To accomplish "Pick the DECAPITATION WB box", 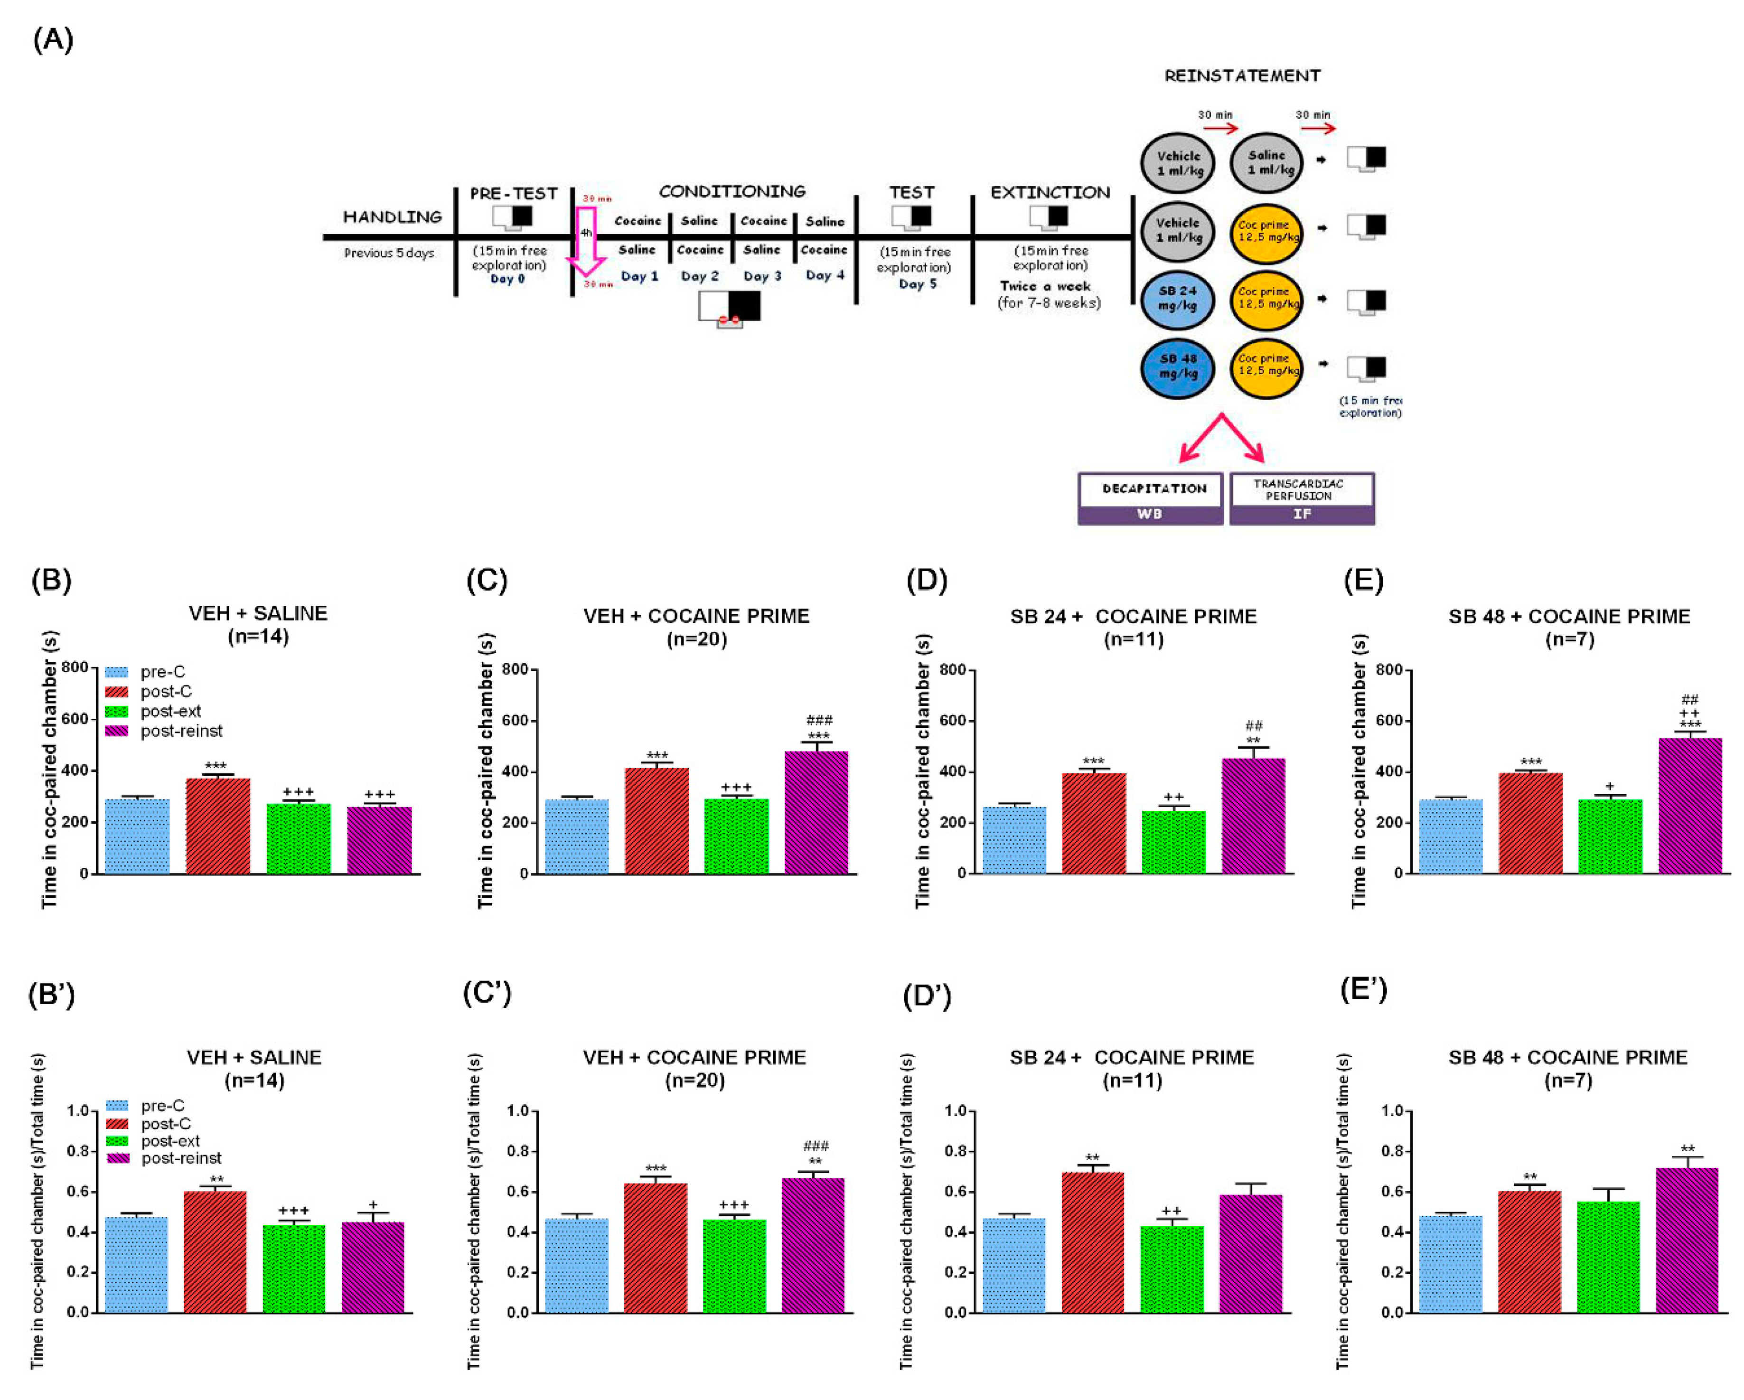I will click(x=1150, y=498).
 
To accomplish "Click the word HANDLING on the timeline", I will click(x=392, y=217).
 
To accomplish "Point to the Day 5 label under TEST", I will click(x=917, y=284).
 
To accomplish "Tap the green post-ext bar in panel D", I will click(x=1173, y=842).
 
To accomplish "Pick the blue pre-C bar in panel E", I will click(x=1450, y=836).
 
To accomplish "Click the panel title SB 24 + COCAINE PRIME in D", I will click(x=1133, y=616).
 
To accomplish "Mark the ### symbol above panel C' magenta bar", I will click(x=816, y=1145).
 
